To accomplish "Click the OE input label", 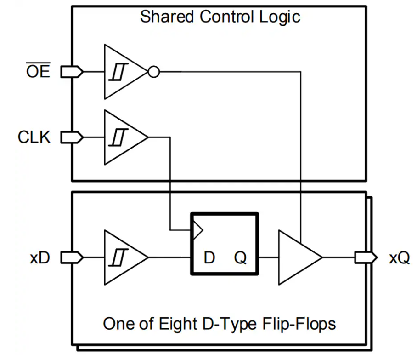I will [38, 72].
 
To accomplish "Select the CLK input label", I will [34, 137].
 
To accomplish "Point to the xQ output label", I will [399, 258].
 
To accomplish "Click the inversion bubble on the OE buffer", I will [153, 72].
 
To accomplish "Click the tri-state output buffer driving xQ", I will [298, 257].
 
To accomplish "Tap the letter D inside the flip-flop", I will [209, 258].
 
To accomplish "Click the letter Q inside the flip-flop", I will [240, 258].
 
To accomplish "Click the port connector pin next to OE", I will [72, 72].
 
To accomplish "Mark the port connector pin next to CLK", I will [72, 137].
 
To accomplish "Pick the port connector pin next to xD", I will [72, 257].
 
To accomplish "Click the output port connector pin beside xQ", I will [366, 257].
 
